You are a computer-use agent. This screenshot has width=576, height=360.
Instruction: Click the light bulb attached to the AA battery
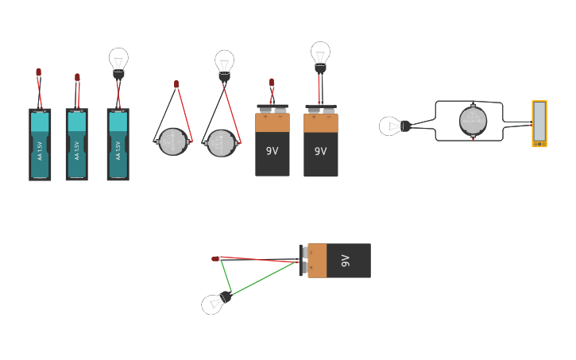coord(118,60)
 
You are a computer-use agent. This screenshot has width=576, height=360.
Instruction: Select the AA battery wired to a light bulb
coord(118,144)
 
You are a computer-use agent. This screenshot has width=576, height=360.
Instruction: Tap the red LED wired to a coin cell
coord(176,83)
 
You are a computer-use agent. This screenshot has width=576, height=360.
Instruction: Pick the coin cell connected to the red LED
coord(172,142)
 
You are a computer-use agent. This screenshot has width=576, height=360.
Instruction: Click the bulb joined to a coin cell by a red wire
coord(224,63)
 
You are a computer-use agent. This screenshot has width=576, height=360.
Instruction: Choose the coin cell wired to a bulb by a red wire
coord(221,143)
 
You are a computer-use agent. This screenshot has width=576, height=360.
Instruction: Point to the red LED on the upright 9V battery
coord(272,82)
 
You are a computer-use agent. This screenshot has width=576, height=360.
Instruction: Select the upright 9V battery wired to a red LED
coord(272,143)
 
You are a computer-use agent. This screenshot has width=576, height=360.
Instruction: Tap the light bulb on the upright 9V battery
coord(320,54)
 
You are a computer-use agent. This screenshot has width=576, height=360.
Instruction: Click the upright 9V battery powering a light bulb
coord(320,143)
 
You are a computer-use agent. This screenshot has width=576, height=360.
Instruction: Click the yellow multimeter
coord(539,123)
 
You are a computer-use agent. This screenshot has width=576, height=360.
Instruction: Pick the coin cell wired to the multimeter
coord(473,121)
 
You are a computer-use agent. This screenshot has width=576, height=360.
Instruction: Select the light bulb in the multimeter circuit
coord(391,126)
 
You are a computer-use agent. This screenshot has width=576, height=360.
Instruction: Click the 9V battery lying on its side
coord(337,260)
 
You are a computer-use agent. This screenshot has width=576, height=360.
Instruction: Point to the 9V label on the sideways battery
coord(346,260)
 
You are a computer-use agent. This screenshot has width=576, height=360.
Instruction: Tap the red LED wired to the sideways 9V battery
coord(215,258)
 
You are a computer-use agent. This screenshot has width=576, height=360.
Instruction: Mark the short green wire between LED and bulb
coord(226,276)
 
